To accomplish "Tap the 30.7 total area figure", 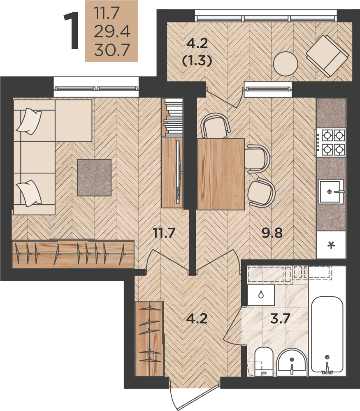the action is (x=112, y=50).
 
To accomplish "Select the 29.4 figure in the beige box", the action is (x=112, y=32).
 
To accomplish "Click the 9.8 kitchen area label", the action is (x=272, y=233).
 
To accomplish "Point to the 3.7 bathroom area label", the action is (x=280, y=319).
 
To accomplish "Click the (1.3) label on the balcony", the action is (x=197, y=61).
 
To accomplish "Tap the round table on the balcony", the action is (x=286, y=64).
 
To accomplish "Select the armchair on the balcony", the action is (x=327, y=56).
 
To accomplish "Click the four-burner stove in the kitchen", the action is (x=331, y=142).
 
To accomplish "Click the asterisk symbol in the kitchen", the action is (x=331, y=246).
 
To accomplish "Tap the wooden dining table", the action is (x=221, y=174).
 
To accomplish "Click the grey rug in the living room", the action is (x=94, y=178).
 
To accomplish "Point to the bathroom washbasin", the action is (x=292, y=363).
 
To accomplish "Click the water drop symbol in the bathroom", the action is (x=261, y=295).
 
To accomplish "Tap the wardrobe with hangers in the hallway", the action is (x=149, y=338).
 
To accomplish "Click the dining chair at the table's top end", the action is (x=216, y=126).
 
